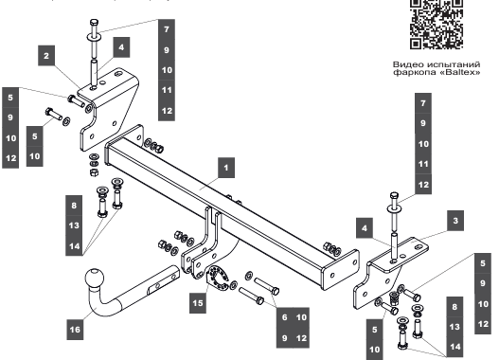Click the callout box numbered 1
[x=226, y=168]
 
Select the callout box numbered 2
[x=46, y=56]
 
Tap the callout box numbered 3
[x=455, y=221]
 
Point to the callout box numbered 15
[x=197, y=303]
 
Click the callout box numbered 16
[x=75, y=329]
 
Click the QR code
[x=437, y=24]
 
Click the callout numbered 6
[x=284, y=317]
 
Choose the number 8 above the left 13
[x=74, y=206]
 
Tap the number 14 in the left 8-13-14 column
[x=74, y=246]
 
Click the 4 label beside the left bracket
[x=121, y=47]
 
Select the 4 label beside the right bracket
[x=365, y=228]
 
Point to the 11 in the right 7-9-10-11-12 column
[x=423, y=164]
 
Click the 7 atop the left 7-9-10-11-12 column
[x=167, y=29]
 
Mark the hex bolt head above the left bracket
[x=94, y=23]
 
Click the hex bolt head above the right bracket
[x=394, y=195]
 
